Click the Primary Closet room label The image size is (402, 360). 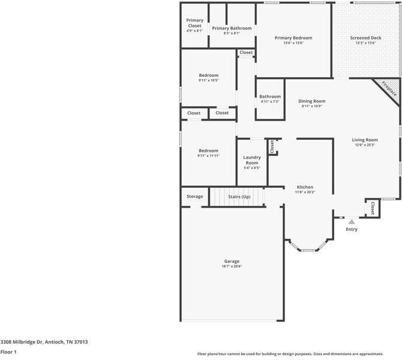click(x=194, y=23)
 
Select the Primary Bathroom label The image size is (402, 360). click(x=232, y=28)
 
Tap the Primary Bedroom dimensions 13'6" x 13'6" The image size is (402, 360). click(x=293, y=43)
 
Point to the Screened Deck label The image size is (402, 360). click(x=365, y=38)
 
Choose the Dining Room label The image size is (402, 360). click(x=312, y=101)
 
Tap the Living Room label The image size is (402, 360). click(x=364, y=140)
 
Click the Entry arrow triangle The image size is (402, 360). click(x=352, y=221)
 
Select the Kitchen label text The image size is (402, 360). click(x=305, y=187)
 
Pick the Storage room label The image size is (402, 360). click(x=194, y=196)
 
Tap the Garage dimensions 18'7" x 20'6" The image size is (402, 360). click(x=232, y=267)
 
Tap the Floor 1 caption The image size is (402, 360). click(x=8, y=352)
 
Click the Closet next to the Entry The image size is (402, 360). click(x=373, y=208)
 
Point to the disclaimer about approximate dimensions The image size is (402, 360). click(x=290, y=354)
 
